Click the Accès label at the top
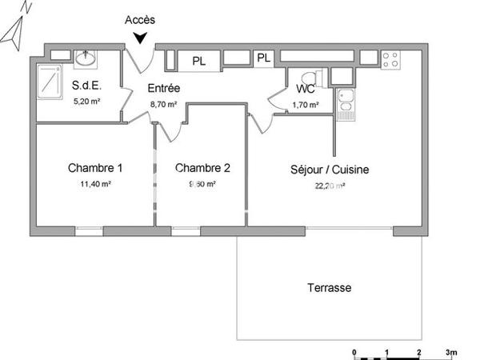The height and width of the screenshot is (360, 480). coord(141,20)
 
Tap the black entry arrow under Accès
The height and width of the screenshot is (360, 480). coord(142,37)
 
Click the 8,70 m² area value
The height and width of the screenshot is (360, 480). coord(162,104)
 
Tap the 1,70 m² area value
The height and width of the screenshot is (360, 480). coord(306,104)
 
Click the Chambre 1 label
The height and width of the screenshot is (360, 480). coord(95,168)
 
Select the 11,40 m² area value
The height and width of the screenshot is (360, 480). coord(95,183)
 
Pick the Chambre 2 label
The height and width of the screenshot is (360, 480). coord(203,168)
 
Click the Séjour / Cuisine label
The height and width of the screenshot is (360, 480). coord(329,170)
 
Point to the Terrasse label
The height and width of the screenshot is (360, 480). coord(329,287)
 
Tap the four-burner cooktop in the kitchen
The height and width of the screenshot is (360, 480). coord(390,59)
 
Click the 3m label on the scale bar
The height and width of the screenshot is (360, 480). coord(451,352)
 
